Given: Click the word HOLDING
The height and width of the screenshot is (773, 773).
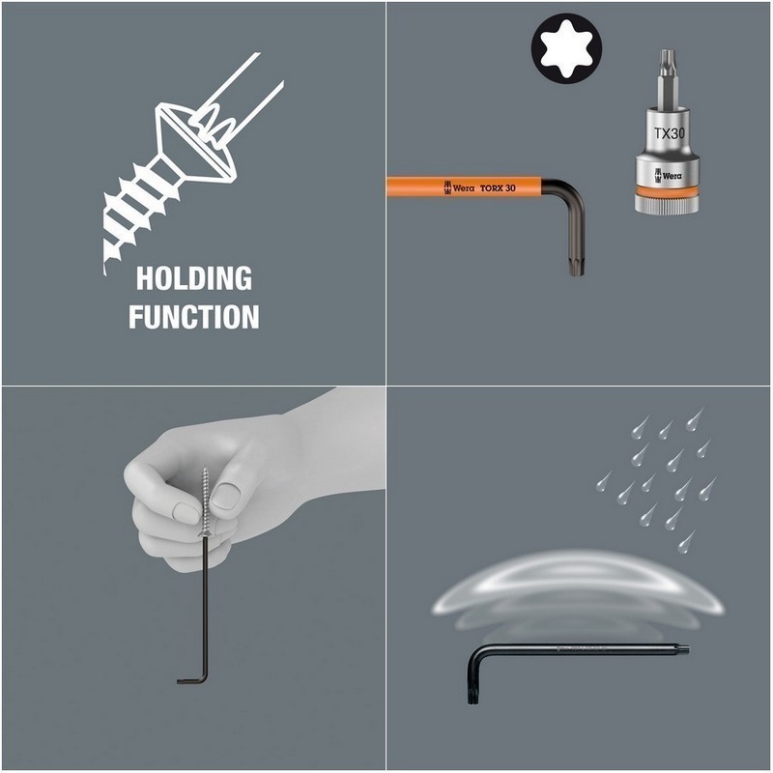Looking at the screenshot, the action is tap(194, 279).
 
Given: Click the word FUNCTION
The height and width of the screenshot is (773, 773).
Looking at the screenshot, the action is tap(194, 317).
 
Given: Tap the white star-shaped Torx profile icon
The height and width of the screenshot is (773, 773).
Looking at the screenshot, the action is tap(566, 48).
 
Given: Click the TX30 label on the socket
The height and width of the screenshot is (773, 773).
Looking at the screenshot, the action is tap(669, 133).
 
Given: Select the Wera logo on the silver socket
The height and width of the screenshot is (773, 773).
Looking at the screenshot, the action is tap(668, 176).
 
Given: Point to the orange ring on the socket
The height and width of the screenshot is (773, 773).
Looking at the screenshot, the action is tap(668, 191).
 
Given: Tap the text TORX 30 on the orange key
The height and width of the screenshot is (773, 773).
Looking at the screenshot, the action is tap(498, 187).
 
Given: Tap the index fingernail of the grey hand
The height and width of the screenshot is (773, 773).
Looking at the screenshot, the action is tap(186, 513).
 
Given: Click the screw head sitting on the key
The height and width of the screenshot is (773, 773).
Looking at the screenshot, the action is tap(205, 533).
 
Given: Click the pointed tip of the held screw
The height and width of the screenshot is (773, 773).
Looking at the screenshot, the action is tap(204, 469).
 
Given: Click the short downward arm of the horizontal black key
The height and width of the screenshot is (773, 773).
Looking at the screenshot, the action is tap(472, 683).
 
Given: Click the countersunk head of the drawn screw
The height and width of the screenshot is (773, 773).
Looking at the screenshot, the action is tap(195, 143).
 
